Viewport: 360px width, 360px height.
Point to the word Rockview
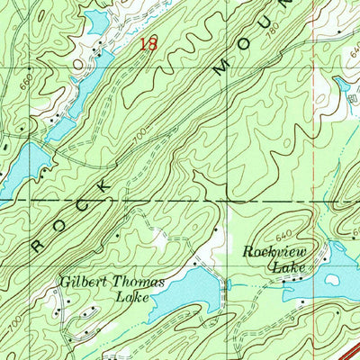[x=275, y=253]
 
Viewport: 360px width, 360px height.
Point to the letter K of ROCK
[x=109, y=183]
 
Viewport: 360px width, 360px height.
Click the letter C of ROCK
[x=86, y=202]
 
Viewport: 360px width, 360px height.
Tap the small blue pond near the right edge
[x=342, y=85]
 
